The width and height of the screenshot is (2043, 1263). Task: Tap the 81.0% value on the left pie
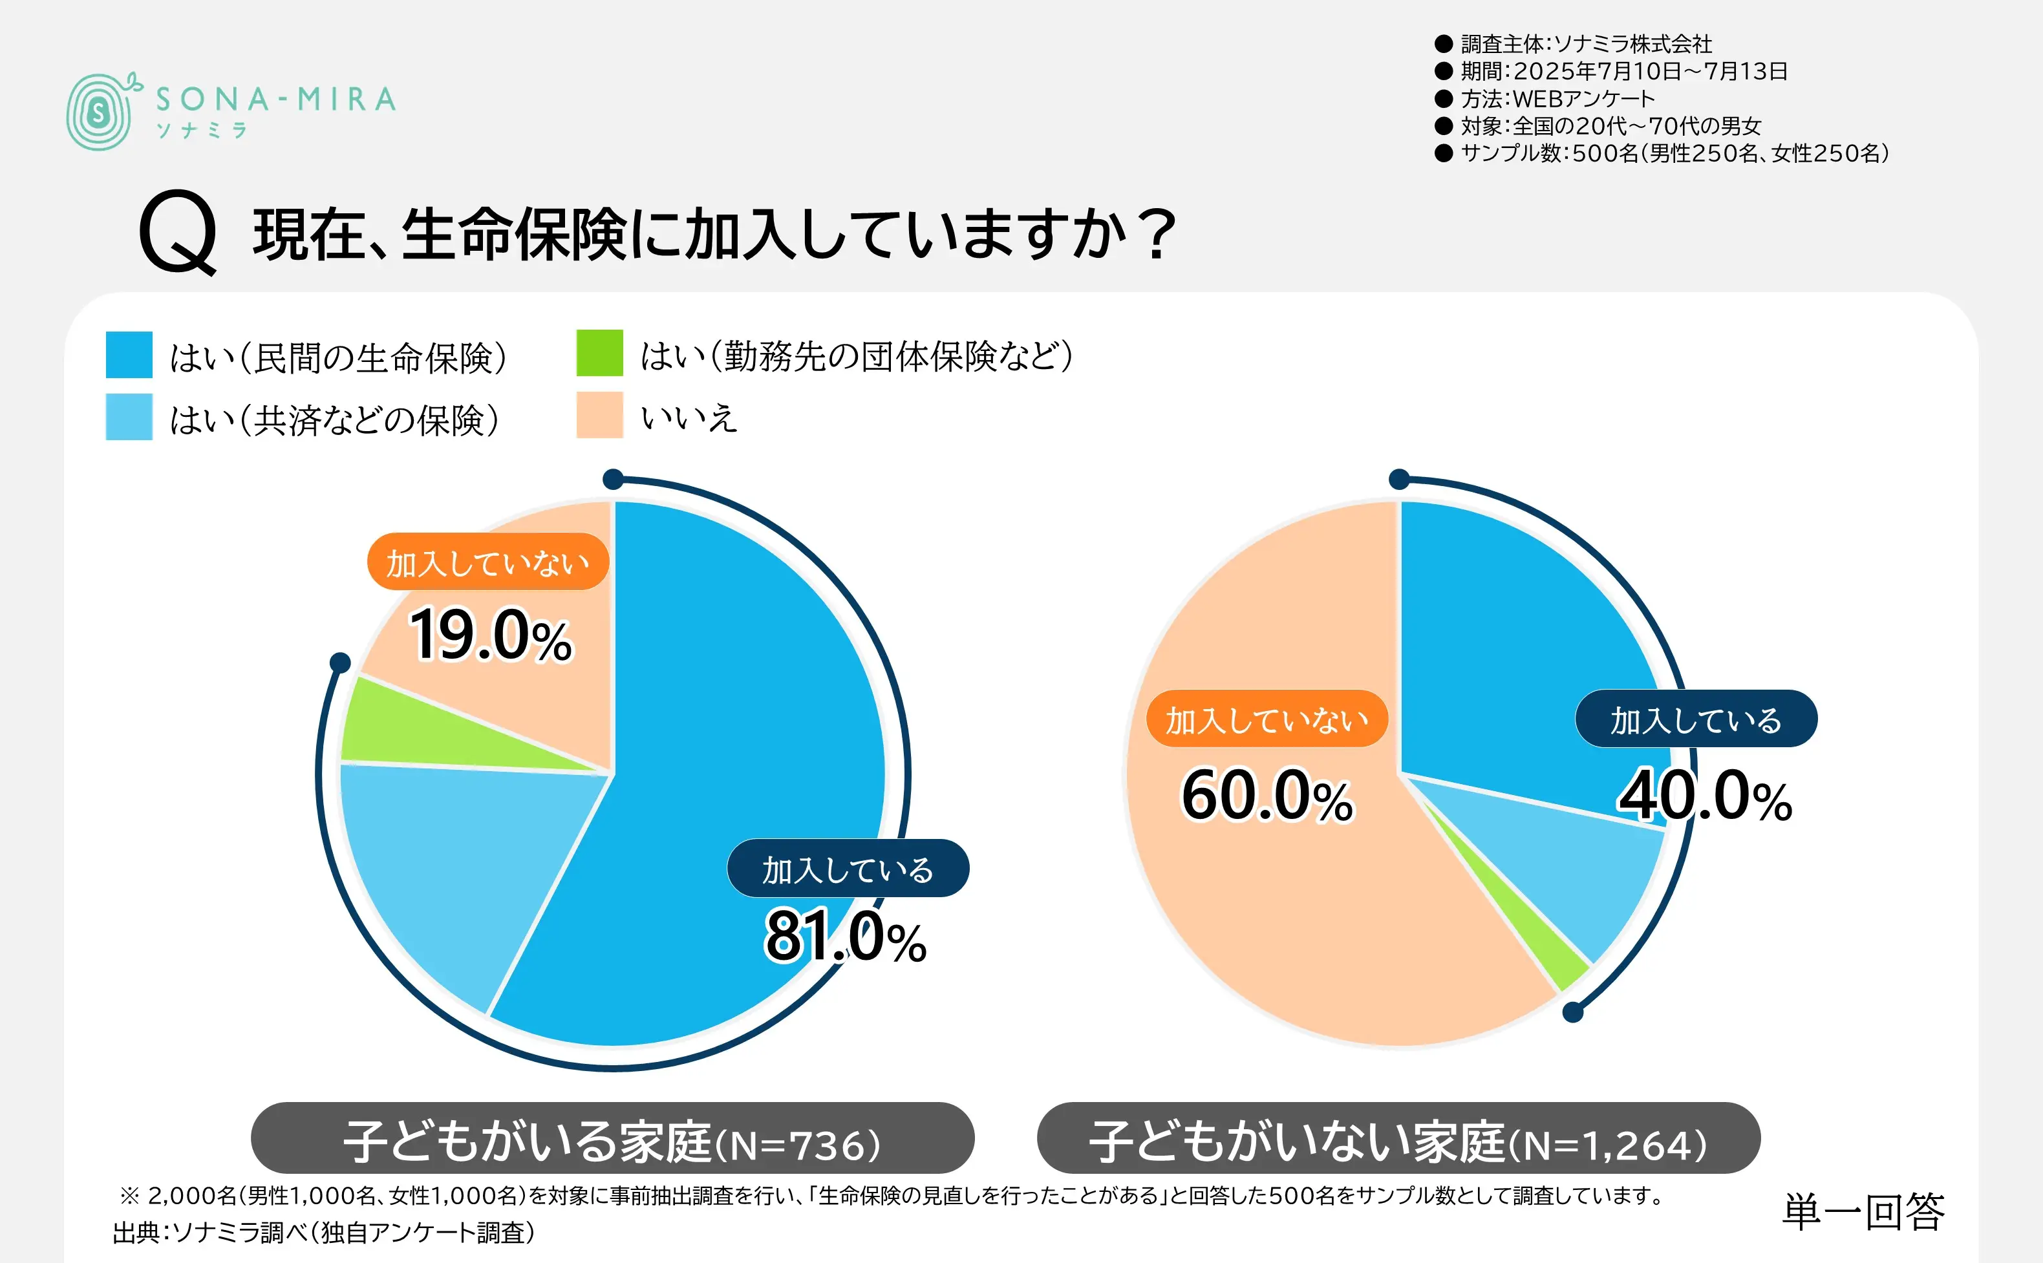pyautogui.click(x=845, y=937)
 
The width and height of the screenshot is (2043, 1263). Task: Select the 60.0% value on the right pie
pyautogui.click(x=1267, y=796)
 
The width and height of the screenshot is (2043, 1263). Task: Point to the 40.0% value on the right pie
pyautogui.click(x=1704, y=796)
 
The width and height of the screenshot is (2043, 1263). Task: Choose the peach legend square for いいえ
pyautogui.click(x=599, y=415)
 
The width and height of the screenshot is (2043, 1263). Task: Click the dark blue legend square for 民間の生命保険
pyautogui.click(x=129, y=355)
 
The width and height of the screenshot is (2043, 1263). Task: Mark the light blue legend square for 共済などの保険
pyautogui.click(x=129, y=417)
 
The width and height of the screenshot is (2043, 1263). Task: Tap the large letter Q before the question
pyautogui.click(x=178, y=231)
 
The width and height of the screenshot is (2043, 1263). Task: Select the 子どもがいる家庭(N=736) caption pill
pyautogui.click(x=612, y=1138)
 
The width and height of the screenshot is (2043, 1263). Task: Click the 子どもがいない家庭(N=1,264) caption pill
pyautogui.click(x=1398, y=1138)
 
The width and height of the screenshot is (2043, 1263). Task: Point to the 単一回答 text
pyautogui.click(x=1863, y=1211)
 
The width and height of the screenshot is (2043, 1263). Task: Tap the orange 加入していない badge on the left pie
pyautogui.click(x=487, y=562)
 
